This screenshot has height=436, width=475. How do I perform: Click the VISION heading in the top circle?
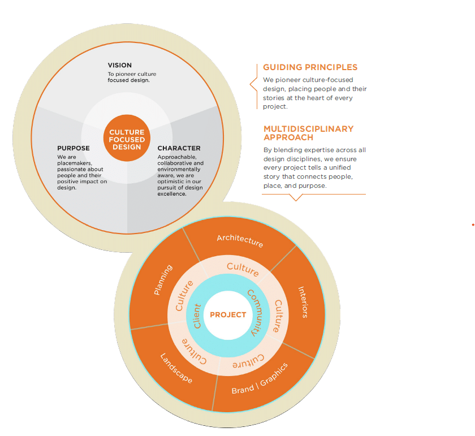120,66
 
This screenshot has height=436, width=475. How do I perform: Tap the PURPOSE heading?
74,148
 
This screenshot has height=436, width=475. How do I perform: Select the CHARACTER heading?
179,148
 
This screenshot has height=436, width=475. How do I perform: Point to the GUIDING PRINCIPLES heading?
310,67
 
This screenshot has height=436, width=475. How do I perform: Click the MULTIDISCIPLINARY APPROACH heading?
309,133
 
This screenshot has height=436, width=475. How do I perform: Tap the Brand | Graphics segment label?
260,379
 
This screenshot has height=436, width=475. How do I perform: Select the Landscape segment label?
176,369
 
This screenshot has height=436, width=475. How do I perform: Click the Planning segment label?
163,279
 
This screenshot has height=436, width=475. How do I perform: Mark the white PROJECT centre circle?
228,314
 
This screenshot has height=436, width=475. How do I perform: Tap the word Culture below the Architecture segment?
243,269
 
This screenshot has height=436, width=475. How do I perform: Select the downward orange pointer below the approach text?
296,197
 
